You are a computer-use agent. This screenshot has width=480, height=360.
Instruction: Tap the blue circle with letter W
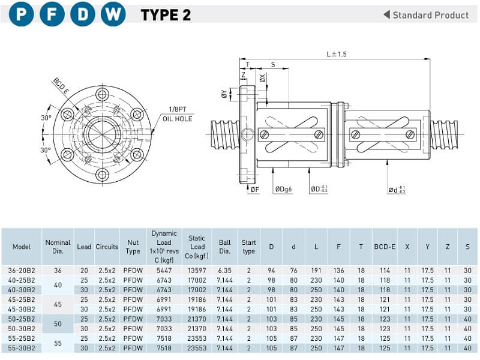112,15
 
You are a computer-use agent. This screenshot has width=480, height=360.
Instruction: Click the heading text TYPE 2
166,15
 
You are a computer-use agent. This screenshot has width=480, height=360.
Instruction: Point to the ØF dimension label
254,190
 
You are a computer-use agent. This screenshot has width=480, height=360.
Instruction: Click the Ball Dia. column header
224,247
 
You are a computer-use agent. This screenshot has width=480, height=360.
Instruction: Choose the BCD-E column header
384,247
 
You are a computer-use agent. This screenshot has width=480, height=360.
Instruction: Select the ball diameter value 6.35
224,271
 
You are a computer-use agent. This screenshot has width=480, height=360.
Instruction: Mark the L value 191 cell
316,271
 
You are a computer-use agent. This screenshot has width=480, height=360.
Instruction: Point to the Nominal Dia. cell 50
58,323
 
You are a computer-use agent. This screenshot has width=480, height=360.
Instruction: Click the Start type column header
249,247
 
